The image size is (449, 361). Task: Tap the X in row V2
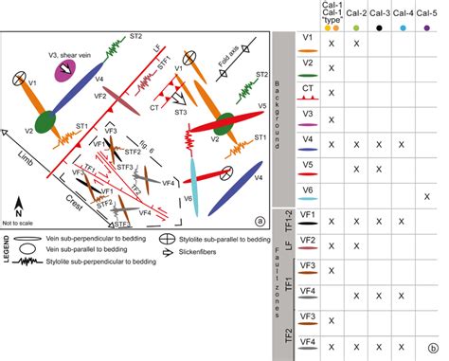(x=331, y=69)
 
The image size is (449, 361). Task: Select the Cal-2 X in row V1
(x=356, y=45)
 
